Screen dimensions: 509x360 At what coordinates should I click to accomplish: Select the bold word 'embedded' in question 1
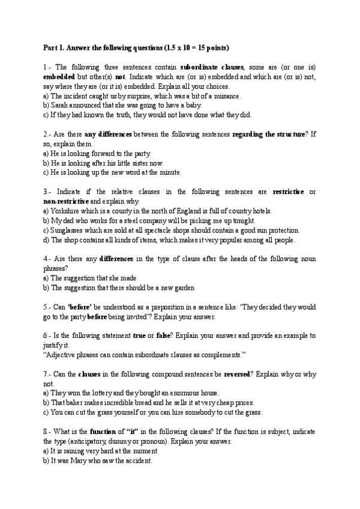(x=58, y=77)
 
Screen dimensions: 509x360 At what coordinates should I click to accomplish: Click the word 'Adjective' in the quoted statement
(x=61, y=355)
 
